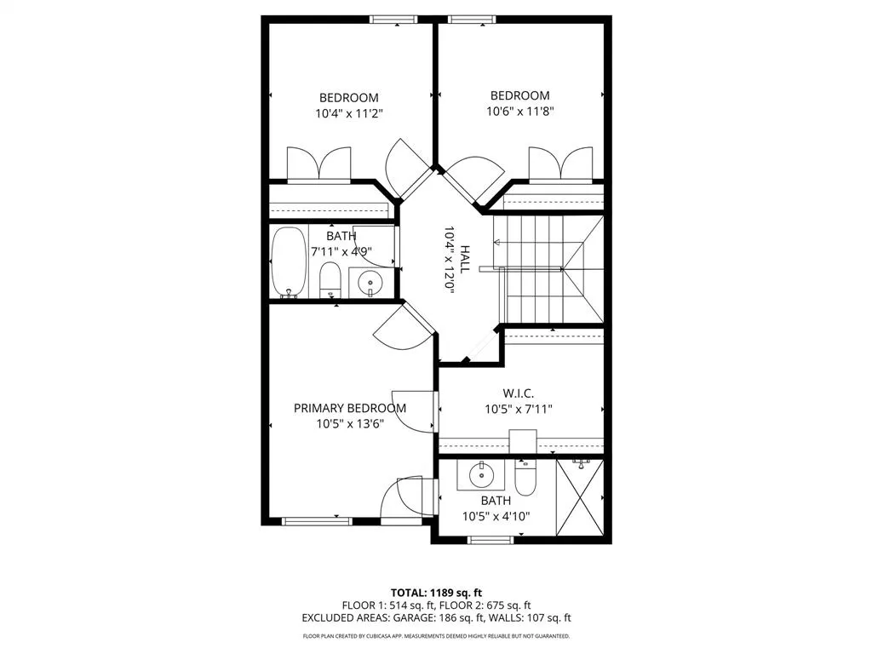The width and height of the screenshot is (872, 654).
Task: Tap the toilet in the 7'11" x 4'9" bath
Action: [330, 280]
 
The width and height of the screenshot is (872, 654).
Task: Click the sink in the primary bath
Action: [481, 474]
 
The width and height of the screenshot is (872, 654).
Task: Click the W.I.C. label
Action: [519, 394]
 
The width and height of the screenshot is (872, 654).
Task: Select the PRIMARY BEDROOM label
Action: [350, 408]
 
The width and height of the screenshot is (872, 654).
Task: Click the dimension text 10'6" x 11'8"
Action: [519, 111]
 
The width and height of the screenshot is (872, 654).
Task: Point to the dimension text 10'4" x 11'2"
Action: [349, 112]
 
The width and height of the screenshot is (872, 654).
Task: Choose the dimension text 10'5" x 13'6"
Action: [350, 423]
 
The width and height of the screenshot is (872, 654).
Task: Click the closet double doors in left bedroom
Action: [318, 164]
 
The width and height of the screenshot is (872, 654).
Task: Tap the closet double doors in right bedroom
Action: [560, 164]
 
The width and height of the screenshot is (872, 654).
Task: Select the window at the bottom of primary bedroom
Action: [317, 521]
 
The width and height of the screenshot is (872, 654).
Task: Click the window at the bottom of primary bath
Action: [490, 539]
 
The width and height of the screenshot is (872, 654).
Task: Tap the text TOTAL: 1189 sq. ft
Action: [436, 593]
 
